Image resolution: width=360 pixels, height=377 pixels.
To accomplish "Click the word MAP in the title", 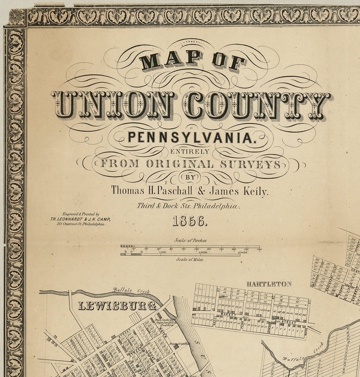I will click(170, 59).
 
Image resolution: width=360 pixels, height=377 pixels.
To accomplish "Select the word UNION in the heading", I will click(112, 105).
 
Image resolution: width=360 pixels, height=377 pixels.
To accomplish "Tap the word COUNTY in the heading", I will click(257, 105).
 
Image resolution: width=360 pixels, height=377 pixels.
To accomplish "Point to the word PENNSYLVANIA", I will click(190, 137).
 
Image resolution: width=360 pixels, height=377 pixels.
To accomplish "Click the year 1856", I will click(190, 222).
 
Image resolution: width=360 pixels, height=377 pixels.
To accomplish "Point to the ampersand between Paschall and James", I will click(201, 191).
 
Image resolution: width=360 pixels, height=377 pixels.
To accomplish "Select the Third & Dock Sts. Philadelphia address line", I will click(189, 206).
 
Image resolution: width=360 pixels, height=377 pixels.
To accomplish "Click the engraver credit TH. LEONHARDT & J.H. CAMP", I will click(80, 219).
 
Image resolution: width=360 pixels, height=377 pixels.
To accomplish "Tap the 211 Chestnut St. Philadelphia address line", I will click(81, 224).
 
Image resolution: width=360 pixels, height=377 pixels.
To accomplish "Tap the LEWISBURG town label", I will click(117, 306).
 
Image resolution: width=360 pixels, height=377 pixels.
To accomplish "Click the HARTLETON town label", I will click(269, 284).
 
